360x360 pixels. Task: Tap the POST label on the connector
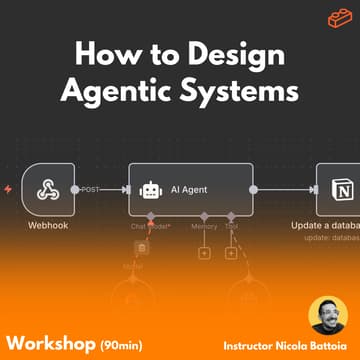point(90,187)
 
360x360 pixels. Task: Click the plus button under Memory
point(205,254)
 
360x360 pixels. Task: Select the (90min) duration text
point(120,331)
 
